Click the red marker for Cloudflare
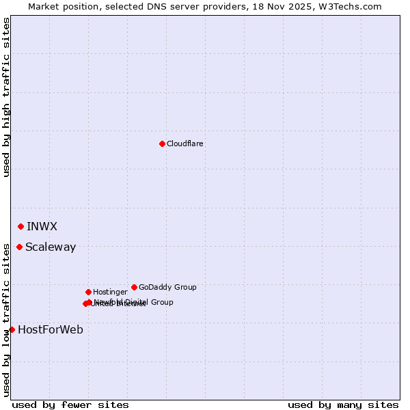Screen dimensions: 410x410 click(x=162, y=143)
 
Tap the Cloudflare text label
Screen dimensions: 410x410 click(x=185, y=143)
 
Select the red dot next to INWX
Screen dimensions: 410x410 click(x=20, y=226)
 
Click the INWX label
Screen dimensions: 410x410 click(x=42, y=226)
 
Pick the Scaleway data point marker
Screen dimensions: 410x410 click(x=19, y=247)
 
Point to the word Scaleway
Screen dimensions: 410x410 click(x=51, y=247)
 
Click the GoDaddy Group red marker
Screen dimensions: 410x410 click(x=134, y=287)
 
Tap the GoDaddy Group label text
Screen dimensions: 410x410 click(x=167, y=287)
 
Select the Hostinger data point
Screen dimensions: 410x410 click(x=88, y=292)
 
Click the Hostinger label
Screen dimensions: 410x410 click(x=110, y=292)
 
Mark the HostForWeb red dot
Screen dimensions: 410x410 click(x=12, y=329)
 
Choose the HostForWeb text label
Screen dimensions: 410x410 click(x=51, y=329)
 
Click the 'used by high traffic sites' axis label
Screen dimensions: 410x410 click(x=7, y=97)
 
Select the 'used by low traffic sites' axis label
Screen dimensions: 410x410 click(x=7, y=319)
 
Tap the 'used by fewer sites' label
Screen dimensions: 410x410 click(x=70, y=405)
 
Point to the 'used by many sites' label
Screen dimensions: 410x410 click(x=343, y=405)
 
